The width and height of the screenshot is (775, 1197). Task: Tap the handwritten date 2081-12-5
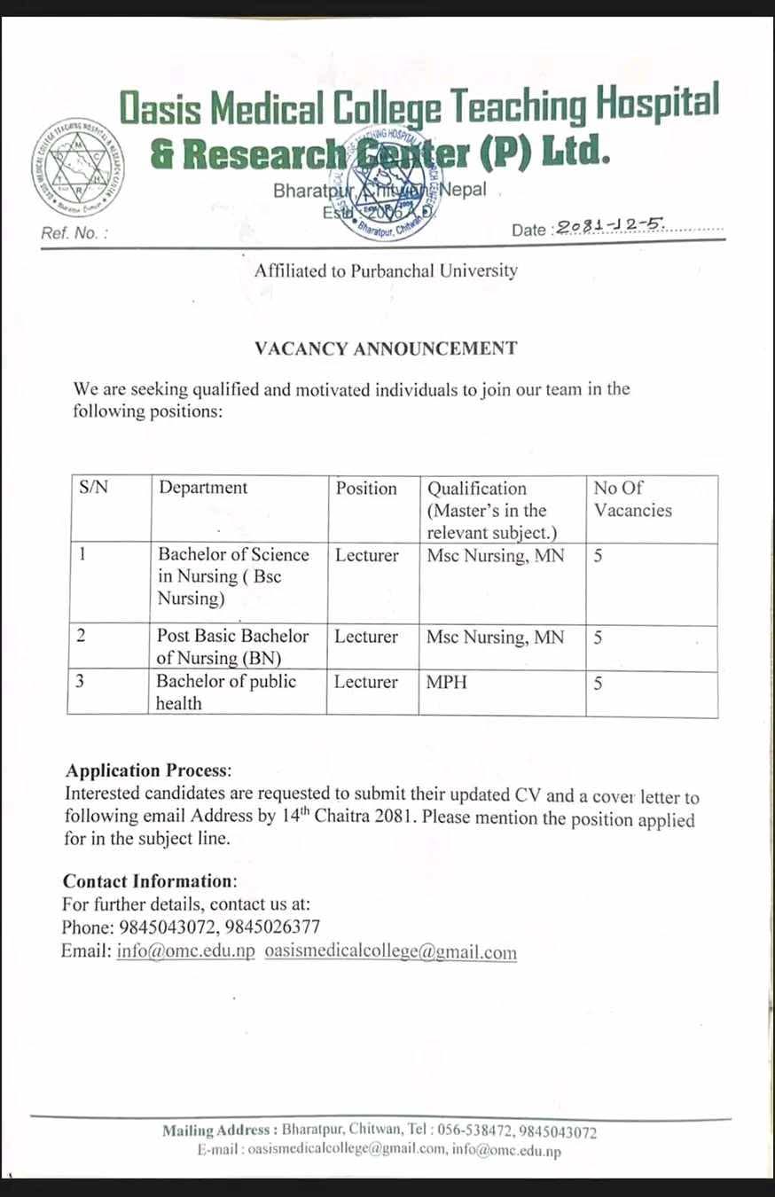point(611,226)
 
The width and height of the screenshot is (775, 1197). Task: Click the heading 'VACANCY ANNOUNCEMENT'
point(386,348)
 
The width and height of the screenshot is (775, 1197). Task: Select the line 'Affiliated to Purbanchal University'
point(386,271)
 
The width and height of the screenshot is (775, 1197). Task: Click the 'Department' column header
point(203,488)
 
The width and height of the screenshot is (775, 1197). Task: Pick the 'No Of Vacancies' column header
point(633,499)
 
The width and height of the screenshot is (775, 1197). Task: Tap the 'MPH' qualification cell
point(446,682)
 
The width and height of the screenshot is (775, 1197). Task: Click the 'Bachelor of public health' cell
point(226,692)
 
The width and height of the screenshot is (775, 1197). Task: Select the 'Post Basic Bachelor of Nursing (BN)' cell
point(232,647)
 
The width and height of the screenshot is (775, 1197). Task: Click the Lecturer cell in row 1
point(366,555)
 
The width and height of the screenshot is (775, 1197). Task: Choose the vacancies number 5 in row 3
point(599,683)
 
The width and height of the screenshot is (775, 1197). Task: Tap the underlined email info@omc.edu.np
point(185,951)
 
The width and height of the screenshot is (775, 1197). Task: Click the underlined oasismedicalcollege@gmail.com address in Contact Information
point(390,951)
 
